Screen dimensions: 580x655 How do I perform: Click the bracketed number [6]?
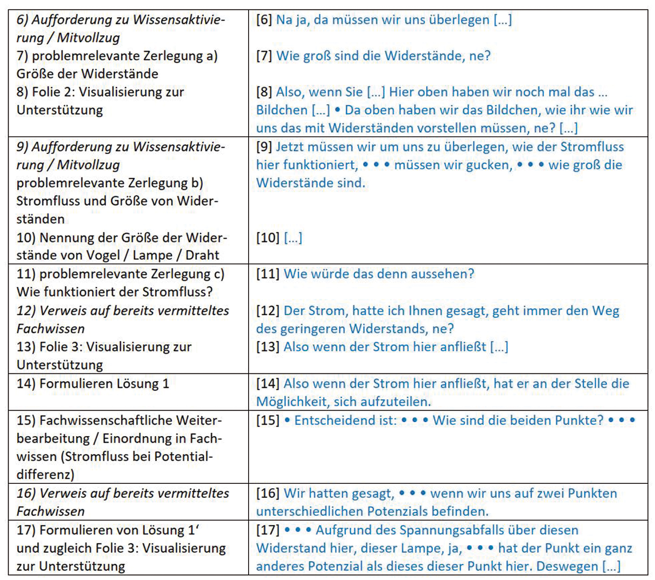(x=264, y=20)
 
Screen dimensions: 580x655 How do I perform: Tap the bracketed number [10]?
(x=268, y=238)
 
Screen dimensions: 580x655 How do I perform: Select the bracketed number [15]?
(x=268, y=420)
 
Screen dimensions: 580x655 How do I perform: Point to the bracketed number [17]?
(x=268, y=530)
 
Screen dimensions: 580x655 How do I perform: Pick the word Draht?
(x=202, y=255)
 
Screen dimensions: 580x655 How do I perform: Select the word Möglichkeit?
(x=293, y=402)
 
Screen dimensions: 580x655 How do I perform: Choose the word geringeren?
(x=312, y=329)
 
